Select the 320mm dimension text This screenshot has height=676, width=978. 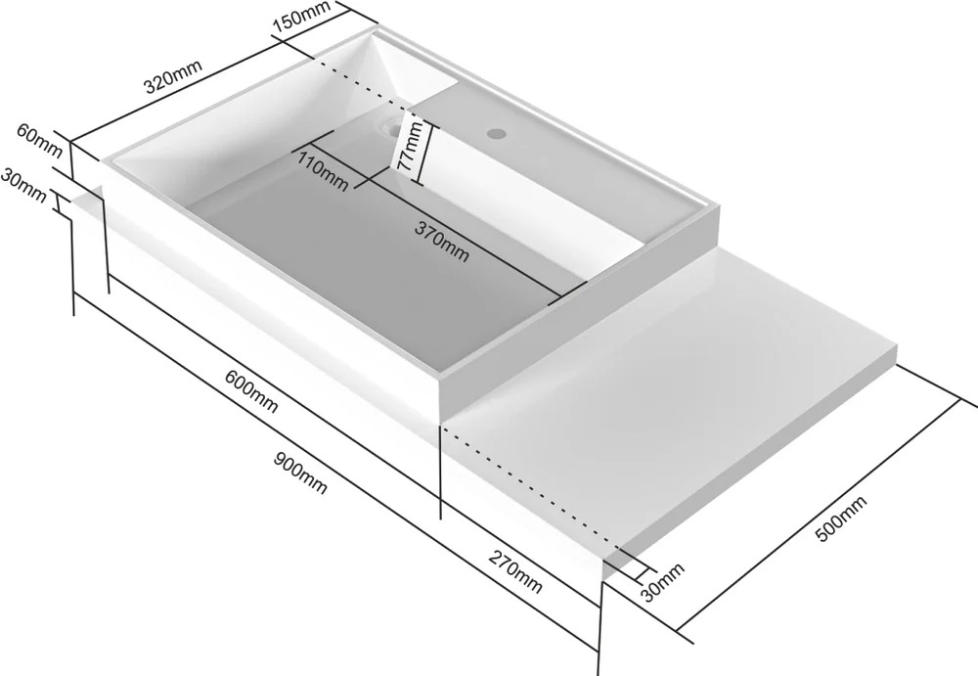[x=173, y=76]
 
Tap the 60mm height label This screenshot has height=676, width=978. [x=39, y=141]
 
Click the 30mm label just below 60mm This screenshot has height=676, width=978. [x=23, y=185]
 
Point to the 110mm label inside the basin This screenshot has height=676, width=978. [x=323, y=171]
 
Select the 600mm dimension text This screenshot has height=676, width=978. [x=251, y=391]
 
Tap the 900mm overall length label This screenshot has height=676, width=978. [x=300, y=473]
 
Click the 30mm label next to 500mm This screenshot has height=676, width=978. [x=662, y=581]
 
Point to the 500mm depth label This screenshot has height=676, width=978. [x=841, y=518]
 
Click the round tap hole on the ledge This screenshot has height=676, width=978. [x=497, y=133]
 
